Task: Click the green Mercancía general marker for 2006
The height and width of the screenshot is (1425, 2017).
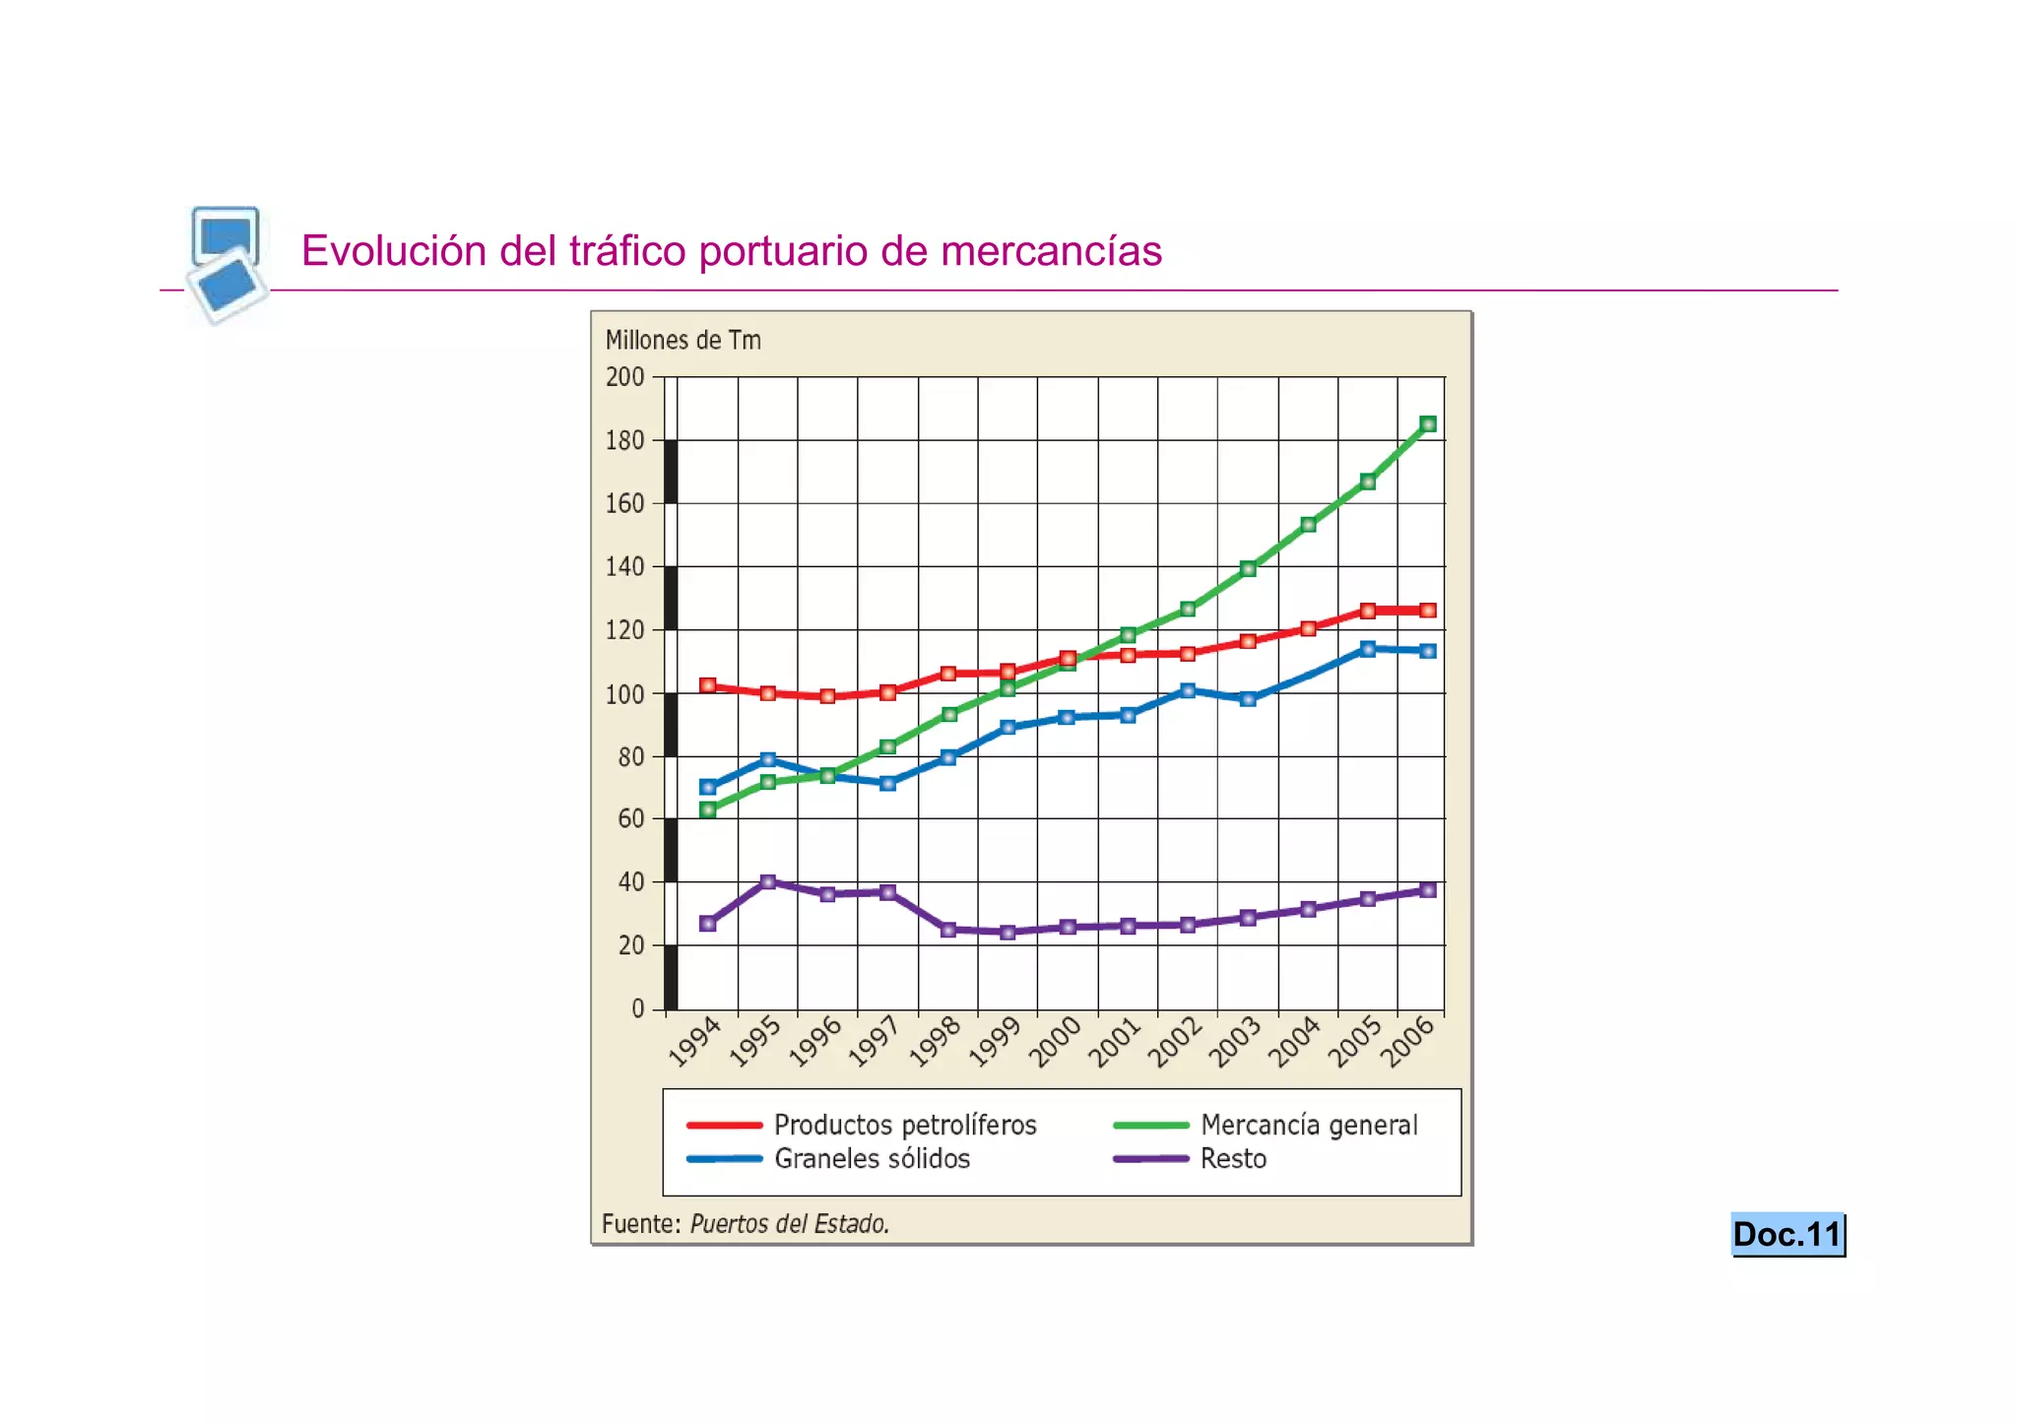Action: [1428, 424]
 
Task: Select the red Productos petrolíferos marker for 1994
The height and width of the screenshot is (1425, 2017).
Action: [707, 685]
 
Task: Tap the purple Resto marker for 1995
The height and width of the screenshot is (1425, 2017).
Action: [768, 881]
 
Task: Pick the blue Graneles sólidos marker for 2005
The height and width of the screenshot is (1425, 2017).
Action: [1367, 649]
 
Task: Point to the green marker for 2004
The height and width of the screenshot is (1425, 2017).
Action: [1308, 525]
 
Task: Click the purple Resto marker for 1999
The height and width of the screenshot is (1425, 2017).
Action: [1008, 932]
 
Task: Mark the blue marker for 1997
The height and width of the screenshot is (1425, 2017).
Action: [887, 784]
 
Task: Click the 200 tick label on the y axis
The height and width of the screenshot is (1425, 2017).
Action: [624, 377]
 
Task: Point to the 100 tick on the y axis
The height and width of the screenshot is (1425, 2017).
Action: [624, 694]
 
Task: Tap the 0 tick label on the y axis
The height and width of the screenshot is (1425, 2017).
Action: [637, 1008]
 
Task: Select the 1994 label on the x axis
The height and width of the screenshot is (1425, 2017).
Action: [695, 1042]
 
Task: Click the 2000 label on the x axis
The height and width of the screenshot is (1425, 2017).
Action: [1055, 1042]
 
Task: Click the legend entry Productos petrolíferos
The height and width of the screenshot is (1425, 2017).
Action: [905, 1125]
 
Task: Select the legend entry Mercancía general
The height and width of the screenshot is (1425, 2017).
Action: [1309, 1125]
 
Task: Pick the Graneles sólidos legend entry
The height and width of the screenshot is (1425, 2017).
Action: [872, 1158]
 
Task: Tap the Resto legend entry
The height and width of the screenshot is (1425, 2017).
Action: [1233, 1158]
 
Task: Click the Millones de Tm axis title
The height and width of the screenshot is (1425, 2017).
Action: [683, 341]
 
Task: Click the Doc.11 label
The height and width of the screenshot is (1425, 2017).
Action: [1787, 1234]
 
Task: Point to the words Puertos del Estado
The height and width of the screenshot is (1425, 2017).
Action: [789, 1224]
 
